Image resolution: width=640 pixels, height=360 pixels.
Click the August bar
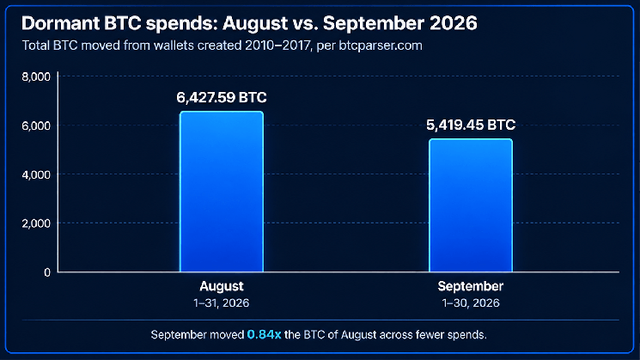point(222,192)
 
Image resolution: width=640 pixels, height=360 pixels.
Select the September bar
point(471,205)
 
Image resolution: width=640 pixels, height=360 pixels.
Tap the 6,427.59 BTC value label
point(222,98)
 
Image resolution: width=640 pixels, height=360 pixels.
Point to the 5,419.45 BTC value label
point(471,125)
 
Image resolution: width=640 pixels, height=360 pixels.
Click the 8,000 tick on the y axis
point(36,76)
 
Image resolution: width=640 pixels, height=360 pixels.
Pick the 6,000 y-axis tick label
point(36,125)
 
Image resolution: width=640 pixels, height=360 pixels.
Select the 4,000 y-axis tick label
point(36,174)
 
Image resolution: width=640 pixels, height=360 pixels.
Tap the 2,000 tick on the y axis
point(36,223)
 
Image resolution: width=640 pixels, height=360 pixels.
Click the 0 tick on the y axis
point(47,272)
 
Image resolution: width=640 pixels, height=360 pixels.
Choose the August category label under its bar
point(222,286)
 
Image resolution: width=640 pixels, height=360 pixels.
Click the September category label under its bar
point(471,286)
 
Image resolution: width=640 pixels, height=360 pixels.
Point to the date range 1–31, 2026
point(222,302)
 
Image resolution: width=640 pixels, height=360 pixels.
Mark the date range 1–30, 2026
point(471,302)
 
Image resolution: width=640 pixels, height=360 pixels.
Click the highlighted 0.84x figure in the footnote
point(264,335)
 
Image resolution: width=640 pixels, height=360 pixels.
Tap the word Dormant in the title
point(61,23)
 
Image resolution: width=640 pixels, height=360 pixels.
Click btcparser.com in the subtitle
point(381,46)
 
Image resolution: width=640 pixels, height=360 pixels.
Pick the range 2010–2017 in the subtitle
point(278,46)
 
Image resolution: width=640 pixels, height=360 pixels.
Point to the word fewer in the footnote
point(430,335)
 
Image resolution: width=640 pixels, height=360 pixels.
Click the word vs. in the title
point(306,23)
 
